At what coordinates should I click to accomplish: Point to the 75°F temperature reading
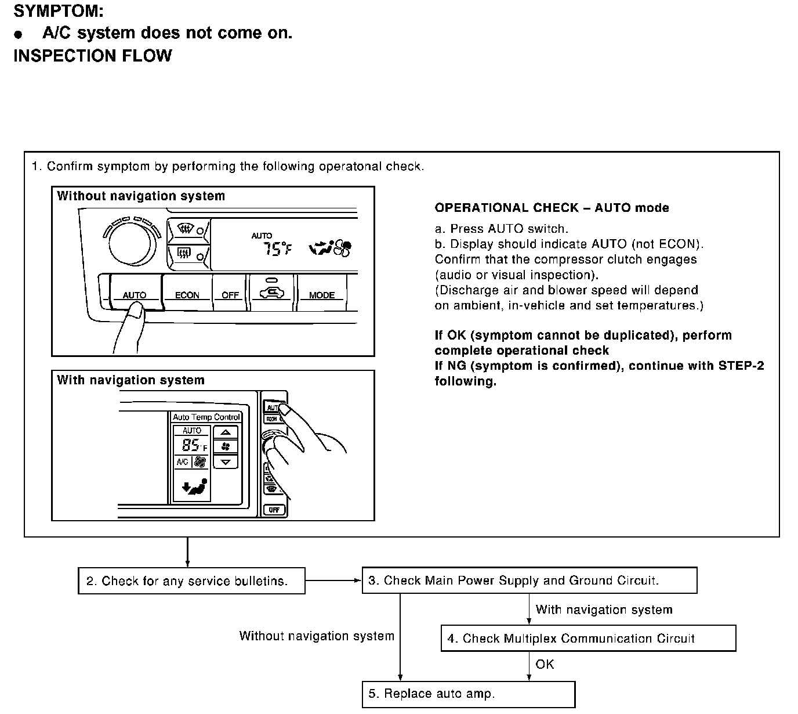277,249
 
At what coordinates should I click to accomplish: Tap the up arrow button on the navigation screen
226,432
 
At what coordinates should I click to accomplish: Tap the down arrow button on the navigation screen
226,462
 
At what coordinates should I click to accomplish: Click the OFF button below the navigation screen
274,510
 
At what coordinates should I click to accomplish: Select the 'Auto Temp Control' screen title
206,417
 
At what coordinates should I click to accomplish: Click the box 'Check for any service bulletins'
191,581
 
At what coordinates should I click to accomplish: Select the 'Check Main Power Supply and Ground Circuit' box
529,580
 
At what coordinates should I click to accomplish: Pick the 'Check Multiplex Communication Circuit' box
588,639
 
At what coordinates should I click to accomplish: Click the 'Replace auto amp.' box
469,694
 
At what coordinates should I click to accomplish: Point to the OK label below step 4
545,664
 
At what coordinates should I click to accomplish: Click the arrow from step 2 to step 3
333,580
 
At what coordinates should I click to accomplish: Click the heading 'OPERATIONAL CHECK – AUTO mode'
552,208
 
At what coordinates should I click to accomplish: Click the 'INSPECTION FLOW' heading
93,56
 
